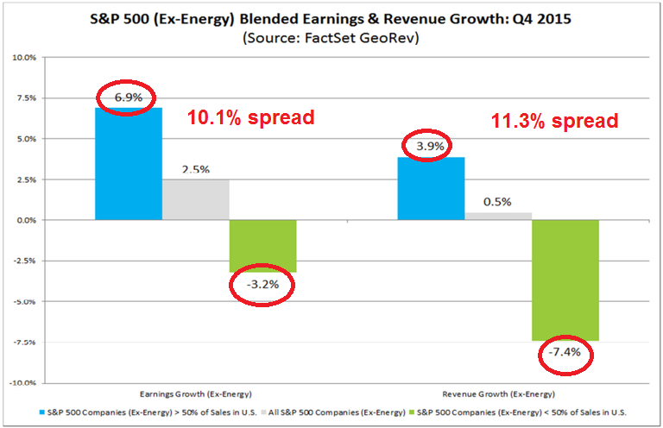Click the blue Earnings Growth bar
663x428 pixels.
[128, 164]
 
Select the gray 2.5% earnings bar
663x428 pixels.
[195, 199]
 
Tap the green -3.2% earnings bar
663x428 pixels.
[262, 246]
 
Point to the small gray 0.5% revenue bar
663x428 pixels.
[498, 216]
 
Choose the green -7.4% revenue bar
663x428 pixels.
[565, 280]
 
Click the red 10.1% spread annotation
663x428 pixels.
[250, 117]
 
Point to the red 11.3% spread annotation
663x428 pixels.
[554, 121]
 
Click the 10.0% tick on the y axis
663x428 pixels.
[23, 58]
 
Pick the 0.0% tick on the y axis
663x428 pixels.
[25, 220]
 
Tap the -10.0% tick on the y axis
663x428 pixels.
[22, 382]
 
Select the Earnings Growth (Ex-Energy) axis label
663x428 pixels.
[195, 393]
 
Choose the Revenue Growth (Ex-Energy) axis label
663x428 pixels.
[498, 393]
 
